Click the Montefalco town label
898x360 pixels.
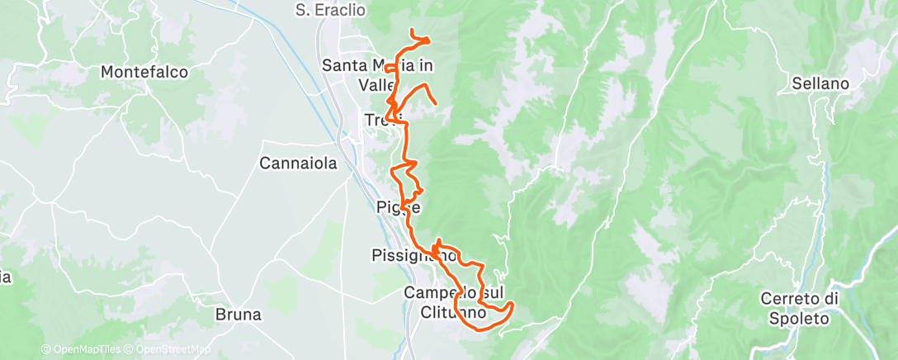click(x=144, y=73)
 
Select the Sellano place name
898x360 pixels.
click(x=820, y=83)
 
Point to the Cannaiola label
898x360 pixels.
click(x=299, y=163)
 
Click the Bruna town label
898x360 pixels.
click(x=238, y=315)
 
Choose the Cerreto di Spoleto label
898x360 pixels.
click(x=798, y=306)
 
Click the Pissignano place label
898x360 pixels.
click(x=414, y=255)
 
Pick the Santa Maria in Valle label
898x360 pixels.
click(x=378, y=74)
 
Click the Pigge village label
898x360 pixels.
click(x=399, y=207)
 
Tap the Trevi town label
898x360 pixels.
click(x=382, y=121)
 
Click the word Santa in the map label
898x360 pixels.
click(x=343, y=65)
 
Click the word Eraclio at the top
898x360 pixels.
click(x=338, y=10)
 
